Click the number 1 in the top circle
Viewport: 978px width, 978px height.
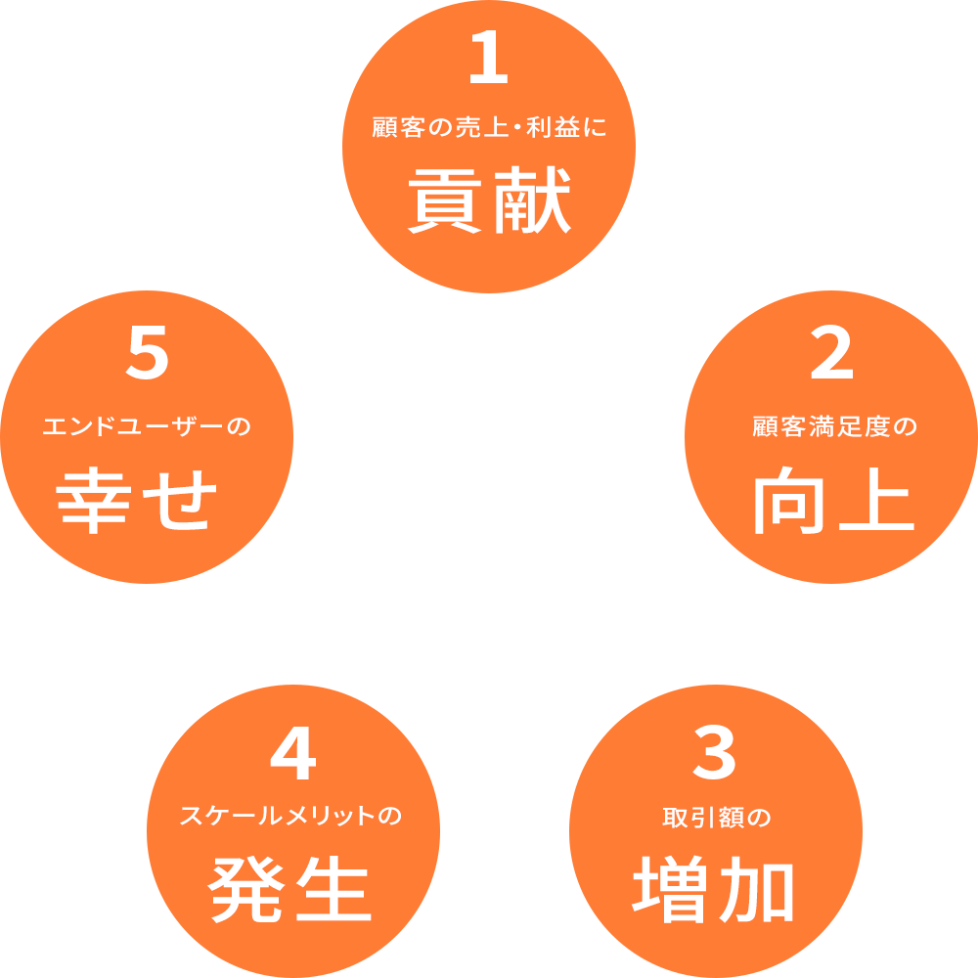click(x=489, y=61)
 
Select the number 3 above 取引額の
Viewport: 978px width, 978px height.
click(x=715, y=754)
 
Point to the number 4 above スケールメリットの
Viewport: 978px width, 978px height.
click(x=293, y=756)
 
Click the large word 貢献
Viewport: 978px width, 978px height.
click(x=489, y=201)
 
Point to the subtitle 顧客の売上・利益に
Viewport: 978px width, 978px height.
click(x=489, y=129)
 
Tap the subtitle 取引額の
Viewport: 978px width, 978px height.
click(x=716, y=818)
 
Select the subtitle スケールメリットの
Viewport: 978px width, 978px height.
click(x=291, y=817)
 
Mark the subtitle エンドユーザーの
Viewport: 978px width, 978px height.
click(x=147, y=427)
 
